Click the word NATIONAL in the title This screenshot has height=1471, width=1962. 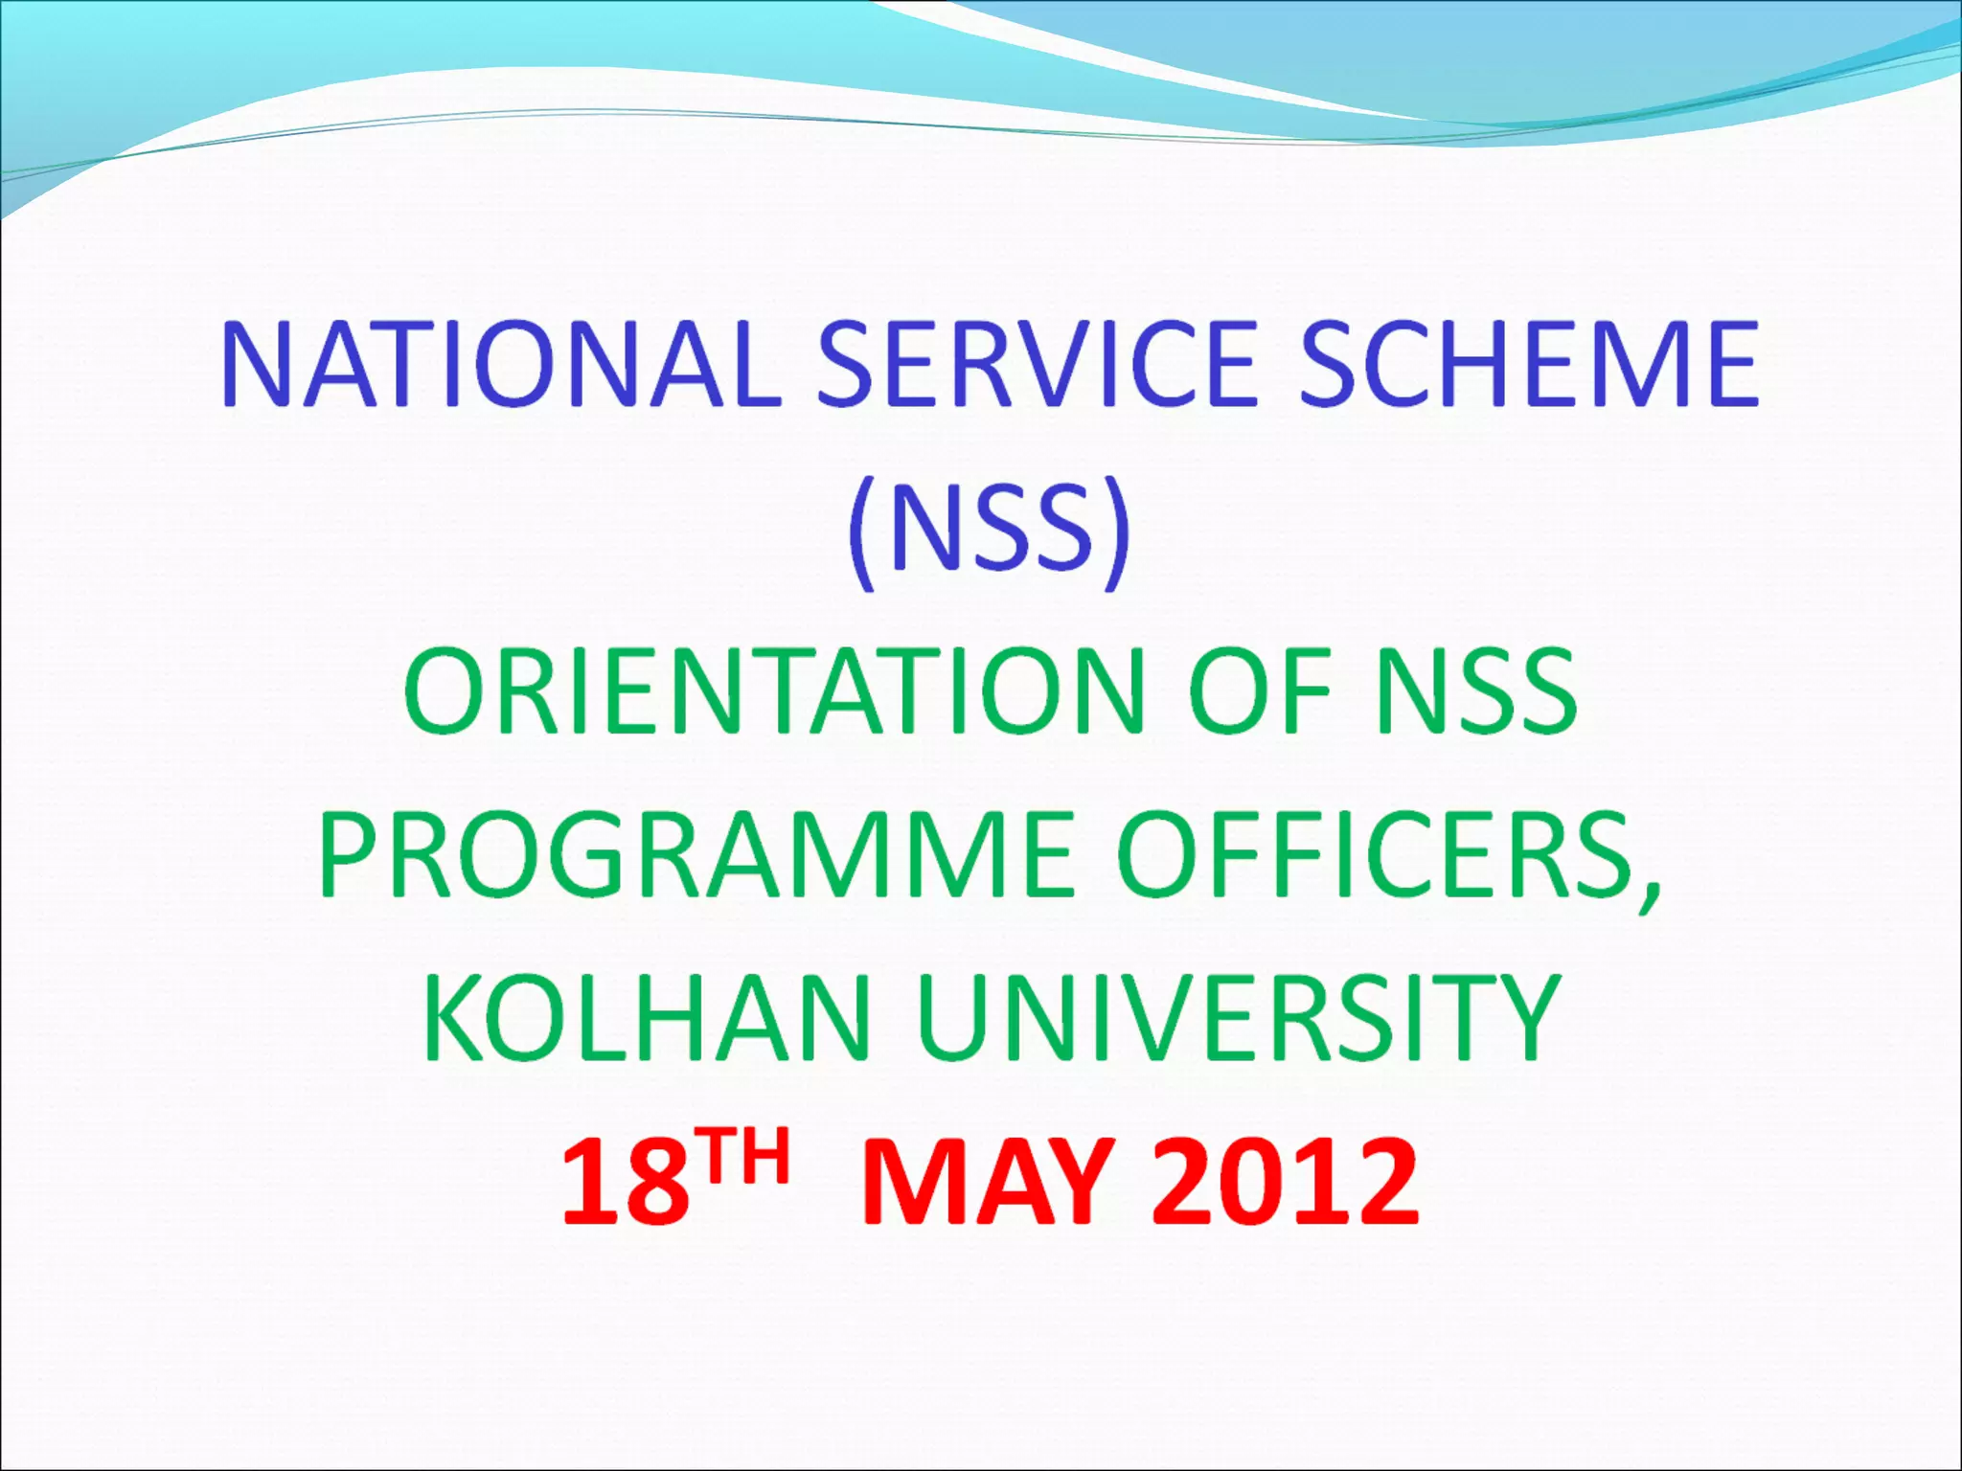[499, 365]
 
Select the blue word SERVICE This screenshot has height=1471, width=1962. [1035, 365]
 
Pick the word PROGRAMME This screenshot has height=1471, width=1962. [696, 854]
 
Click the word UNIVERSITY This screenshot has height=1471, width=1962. [1238, 1017]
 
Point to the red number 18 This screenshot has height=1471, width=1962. [626, 1182]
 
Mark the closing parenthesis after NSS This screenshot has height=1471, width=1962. [1117, 532]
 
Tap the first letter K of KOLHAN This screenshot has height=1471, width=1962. [450, 1017]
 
